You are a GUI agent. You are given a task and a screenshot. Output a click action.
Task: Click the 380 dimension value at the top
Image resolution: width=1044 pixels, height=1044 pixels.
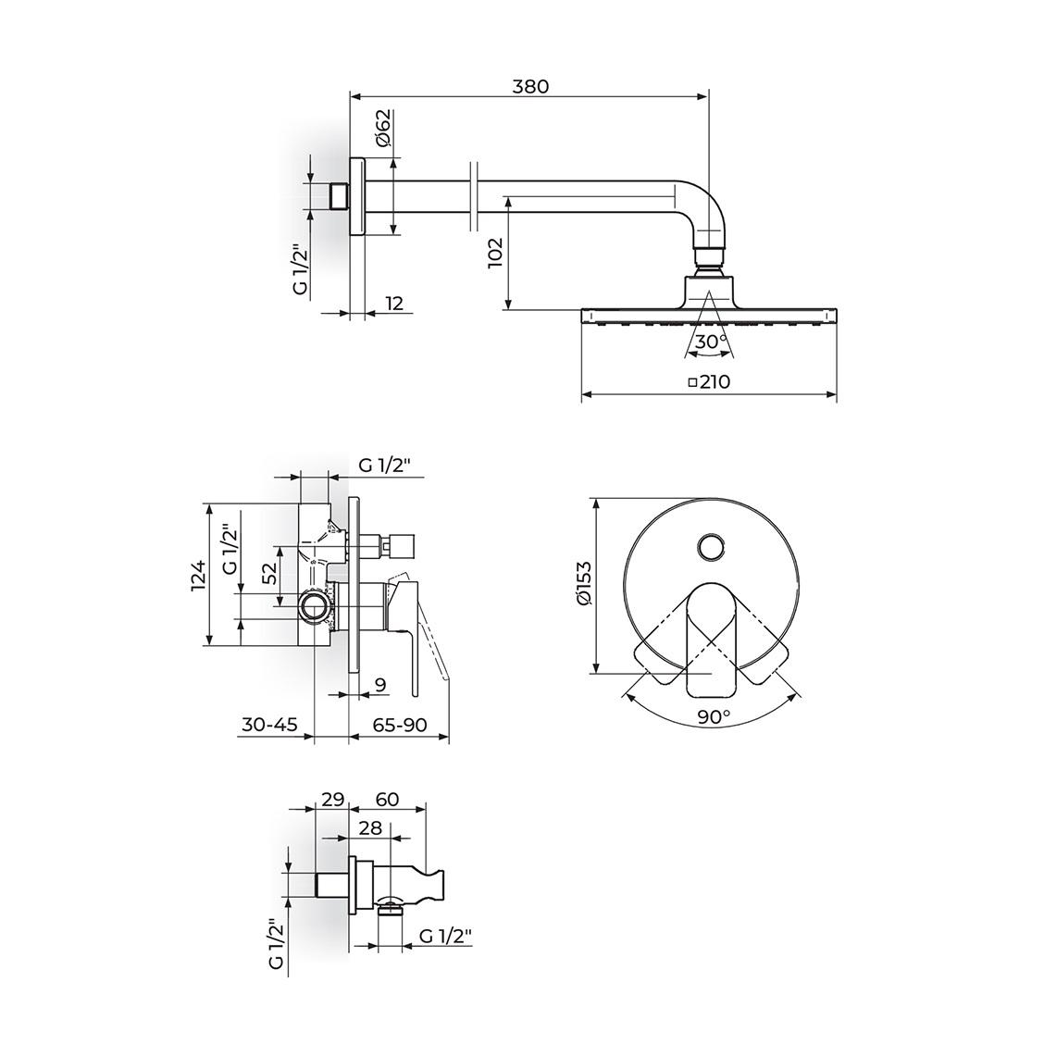pyautogui.click(x=530, y=87)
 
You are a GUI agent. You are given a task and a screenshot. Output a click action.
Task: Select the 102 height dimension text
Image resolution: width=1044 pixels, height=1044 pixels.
pyautogui.click(x=496, y=253)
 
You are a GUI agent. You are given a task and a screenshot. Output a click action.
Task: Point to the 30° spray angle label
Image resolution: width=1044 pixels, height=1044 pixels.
pyautogui.click(x=711, y=342)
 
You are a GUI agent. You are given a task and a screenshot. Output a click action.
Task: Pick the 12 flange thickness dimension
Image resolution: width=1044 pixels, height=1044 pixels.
pyautogui.click(x=394, y=303)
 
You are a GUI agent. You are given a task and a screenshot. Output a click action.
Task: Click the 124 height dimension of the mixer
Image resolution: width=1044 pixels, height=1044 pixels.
pyautogui.click(x=198, y=576)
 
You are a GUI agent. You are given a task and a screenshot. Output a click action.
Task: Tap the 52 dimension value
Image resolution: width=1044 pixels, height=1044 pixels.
pyautogui.click(x=269, y=574)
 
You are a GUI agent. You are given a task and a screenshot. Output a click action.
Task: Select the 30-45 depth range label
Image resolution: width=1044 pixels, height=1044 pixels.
pyautogui.click(x=269, y=725)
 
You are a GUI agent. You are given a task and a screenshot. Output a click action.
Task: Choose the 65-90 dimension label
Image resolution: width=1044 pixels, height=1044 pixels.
pyautogui.click(x=400, y=725)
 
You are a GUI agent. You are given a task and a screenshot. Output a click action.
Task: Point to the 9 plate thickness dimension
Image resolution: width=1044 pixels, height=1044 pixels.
pyautogui.click(x=380, y=685)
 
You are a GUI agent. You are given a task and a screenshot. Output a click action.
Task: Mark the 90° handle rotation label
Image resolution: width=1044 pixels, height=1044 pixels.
pyautogui.click(x=714, y=716)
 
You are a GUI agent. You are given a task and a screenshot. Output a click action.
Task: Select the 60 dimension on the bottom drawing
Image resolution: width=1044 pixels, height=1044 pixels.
pyautogui.click(x=387, y=799)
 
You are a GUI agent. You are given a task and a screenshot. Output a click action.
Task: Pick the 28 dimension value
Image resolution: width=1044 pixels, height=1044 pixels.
pyautogui.click(x=370, y=827)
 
